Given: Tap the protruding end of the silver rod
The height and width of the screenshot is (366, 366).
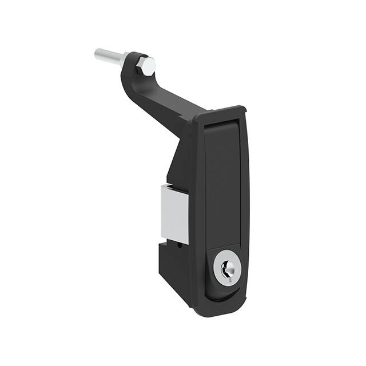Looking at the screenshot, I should click(99, 55).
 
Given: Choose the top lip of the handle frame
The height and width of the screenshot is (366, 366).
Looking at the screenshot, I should click(220, 112).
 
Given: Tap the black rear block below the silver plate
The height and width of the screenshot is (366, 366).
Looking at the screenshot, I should click(174, 269).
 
